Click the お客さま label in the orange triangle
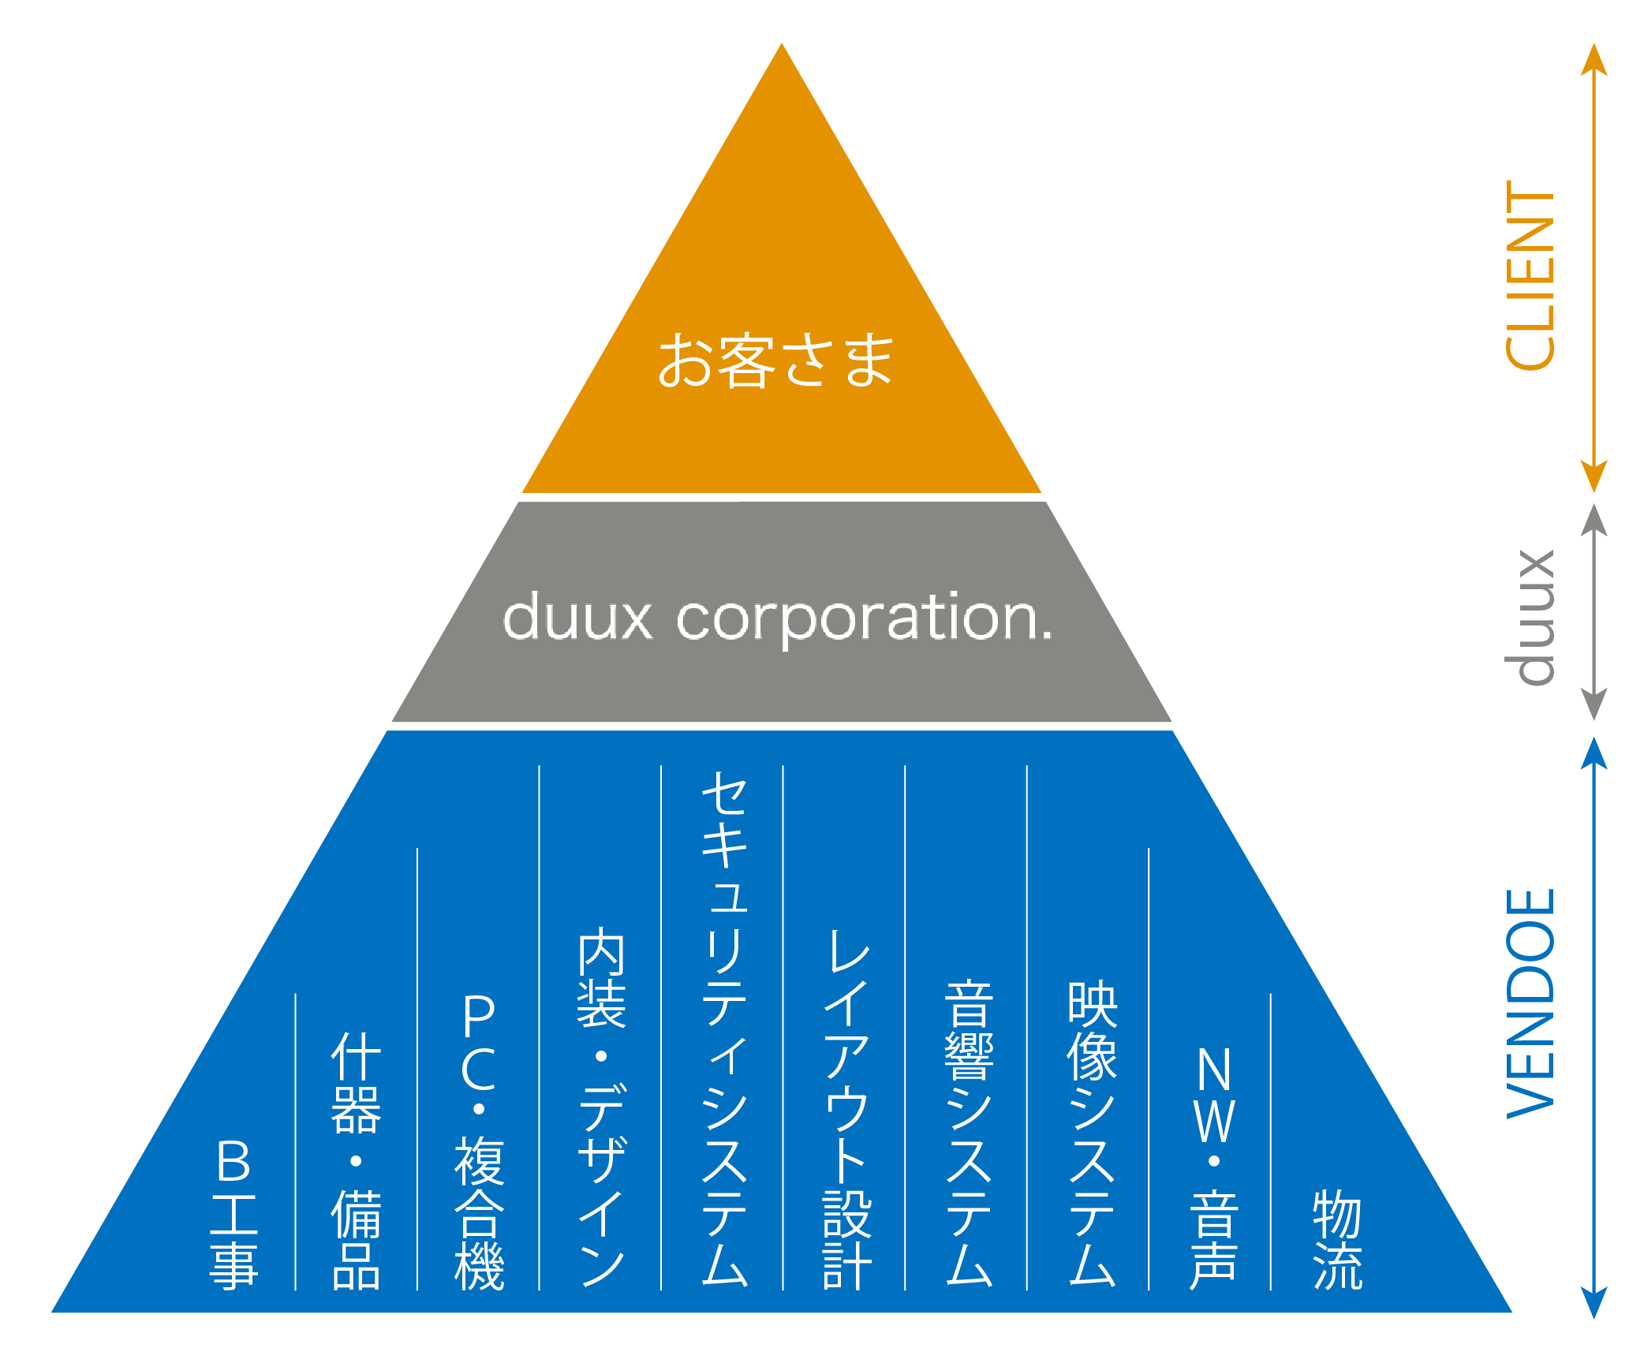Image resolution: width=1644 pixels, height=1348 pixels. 776,360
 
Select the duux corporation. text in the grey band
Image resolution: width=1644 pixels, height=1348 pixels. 778,618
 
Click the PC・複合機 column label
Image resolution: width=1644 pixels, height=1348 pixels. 479,1141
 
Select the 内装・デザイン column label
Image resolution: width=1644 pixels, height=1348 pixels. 601,1107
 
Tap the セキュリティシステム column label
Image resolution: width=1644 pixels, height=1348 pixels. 724,1029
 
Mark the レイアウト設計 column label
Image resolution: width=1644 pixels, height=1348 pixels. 846,1107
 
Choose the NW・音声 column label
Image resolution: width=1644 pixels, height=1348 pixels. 1214,1167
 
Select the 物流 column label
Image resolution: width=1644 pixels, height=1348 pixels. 1337,1239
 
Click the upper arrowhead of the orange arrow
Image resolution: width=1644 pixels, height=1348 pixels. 1594,58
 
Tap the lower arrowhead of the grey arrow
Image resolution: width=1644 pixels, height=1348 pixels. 1594,704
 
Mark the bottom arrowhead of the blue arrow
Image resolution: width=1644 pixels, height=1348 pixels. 1594,1302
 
